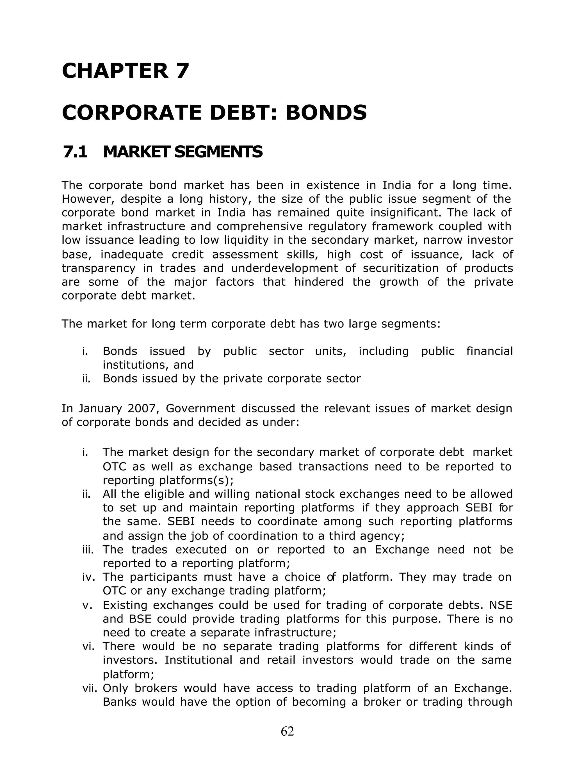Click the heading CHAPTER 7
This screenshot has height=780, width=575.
(x=125, y=71)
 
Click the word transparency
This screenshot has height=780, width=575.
(x=98, y=268)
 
